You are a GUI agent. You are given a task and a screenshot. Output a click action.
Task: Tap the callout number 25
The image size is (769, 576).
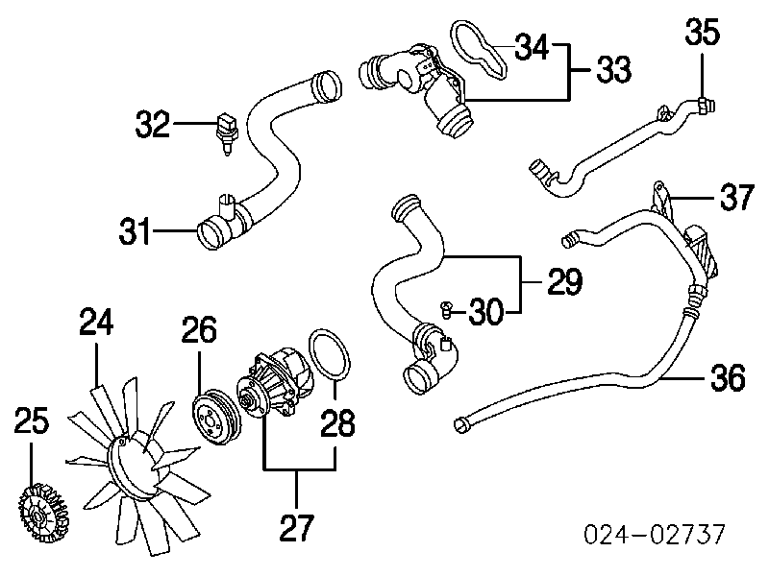(x=32, y=422)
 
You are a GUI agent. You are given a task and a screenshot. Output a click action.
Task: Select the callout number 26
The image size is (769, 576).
(x=199, y=333)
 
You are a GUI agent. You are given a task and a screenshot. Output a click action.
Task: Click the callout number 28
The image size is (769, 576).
(x=336, y=422)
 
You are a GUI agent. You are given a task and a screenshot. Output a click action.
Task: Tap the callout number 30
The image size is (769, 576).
(x=490, y=310)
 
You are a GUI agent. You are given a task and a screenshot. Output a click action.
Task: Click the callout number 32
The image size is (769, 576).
(x=153, y=124)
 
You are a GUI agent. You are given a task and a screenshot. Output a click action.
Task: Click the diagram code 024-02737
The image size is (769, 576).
(x=657, y=535)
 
